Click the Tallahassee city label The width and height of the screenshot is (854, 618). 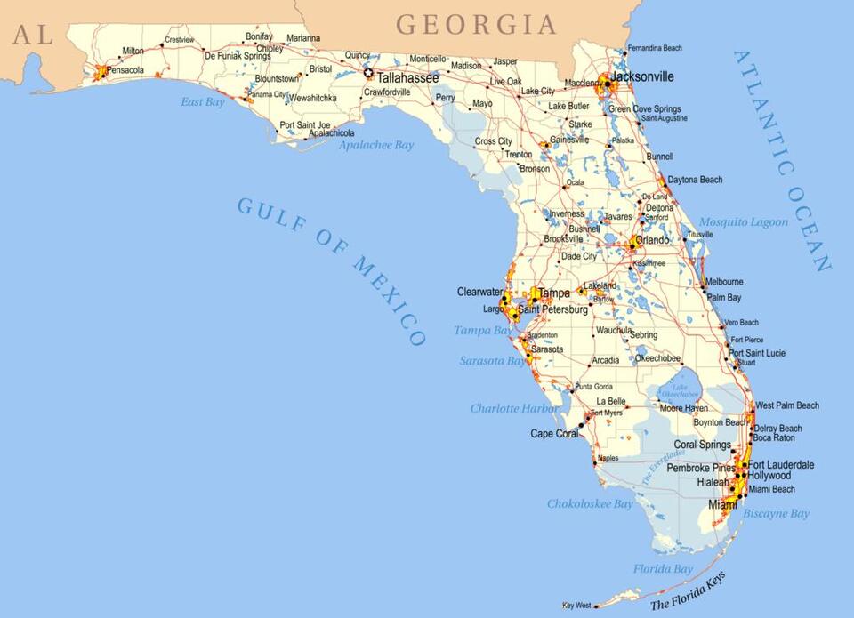[407, 78]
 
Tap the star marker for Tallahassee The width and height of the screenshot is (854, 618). [369, 74]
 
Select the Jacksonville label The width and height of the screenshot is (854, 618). [642, 76]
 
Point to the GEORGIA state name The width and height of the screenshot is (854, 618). [476, 24]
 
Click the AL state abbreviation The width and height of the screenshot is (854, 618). [32, 35]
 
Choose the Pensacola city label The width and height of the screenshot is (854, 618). [125, 70]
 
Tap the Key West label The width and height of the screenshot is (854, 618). [576, 606]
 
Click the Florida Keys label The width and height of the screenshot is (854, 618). [689, 590]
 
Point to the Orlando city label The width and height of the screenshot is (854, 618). [652, 240]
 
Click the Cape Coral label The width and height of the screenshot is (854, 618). [554, 434]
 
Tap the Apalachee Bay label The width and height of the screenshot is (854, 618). [376, 145]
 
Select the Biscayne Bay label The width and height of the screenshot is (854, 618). [777, 514]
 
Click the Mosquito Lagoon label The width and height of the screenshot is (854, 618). [743, 222]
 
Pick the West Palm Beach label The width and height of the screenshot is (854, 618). [787, 405]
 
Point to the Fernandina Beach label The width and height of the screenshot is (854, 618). [655, 48]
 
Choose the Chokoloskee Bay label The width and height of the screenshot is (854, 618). [590, 504]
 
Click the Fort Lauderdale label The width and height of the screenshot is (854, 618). [781, 465]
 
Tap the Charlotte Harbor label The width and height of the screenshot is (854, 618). [514, 408]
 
